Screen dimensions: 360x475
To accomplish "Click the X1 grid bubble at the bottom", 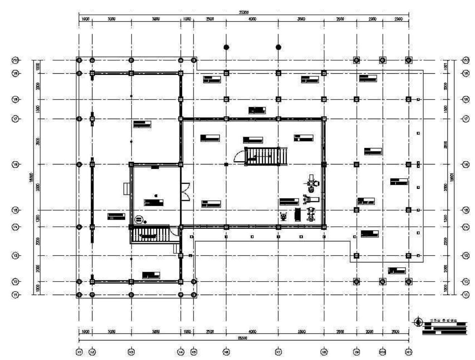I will click(x=79, y=352).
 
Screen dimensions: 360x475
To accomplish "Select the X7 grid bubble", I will click(x=278, y=352).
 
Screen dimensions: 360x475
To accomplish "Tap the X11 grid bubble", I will click(x=409, y=352).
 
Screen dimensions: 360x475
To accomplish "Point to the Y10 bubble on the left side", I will click(x=16, y=60).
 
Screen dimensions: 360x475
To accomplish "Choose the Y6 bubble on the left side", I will click(x=16, y=164).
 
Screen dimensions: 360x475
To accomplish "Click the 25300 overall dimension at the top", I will click(x=243, y=12).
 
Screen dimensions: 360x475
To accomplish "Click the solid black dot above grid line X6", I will click(x=226, y=47).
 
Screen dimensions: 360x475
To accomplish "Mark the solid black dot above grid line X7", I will click(x=278, y=47).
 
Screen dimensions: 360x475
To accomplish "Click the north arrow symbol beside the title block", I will click(x=418, y=322).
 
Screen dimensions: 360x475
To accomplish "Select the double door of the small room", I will click(x=185, y=192).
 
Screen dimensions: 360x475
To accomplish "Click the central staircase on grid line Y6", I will click(x=267, y=156).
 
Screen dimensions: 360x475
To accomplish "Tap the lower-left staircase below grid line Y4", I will click(x=150, y=234).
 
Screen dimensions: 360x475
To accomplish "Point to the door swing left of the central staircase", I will click(x=240, y=157).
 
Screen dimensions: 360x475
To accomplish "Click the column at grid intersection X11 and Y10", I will click(x=409, y=60).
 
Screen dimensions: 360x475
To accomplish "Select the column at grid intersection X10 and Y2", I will click(x=383, y=282).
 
